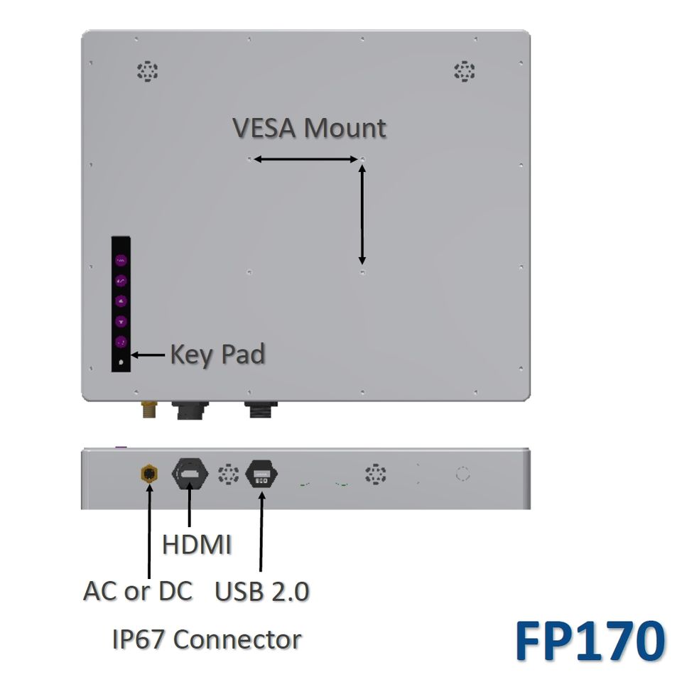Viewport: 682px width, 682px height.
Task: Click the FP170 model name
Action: (590, 642)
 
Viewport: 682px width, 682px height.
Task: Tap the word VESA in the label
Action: (265, 129)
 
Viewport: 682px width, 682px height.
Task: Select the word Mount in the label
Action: (345, 129)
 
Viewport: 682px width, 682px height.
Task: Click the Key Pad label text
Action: (217, 354)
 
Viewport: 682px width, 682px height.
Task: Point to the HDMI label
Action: (197, 546)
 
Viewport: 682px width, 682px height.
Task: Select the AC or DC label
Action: (138, 591)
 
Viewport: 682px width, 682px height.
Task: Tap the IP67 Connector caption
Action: (207, 639)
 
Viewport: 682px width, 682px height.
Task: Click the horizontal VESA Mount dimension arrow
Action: (305, 159)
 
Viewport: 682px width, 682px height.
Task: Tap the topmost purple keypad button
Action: (121, 260)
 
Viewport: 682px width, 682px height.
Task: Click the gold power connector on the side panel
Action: (149, 474)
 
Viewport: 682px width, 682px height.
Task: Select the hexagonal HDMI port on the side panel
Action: (190, 474)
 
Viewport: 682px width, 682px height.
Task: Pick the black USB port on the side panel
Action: (261, 475)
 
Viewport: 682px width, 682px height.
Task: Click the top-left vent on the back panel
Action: (147, 71)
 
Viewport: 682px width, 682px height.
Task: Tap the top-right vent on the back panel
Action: (464, 71)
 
